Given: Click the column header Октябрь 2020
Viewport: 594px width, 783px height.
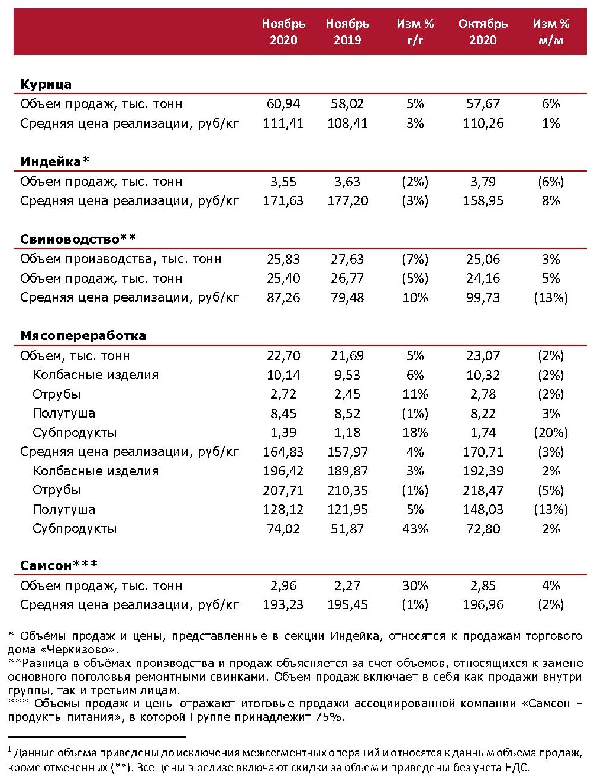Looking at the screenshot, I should coord(483,32).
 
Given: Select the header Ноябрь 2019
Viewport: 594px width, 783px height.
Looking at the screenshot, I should coord(347,32).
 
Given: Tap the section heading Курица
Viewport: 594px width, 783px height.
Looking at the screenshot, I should coord(46,85).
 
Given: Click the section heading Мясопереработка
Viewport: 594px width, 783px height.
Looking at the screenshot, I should coord(83,336).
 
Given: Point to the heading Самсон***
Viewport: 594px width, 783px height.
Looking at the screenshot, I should coord(59,566).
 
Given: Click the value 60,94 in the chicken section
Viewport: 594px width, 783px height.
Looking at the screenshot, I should coord(283,104).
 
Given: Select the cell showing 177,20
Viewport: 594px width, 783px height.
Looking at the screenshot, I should coord(347,201).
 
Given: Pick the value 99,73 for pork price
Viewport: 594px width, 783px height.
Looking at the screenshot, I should coord(483,297).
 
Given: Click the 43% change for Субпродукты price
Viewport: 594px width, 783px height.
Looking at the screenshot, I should coord(415,529).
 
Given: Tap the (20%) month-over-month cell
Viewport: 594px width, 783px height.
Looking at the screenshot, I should coord(550,433).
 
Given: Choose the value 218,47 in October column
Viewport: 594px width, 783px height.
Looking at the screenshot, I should coord(483,490).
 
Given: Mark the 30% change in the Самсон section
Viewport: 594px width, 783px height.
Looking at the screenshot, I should coord(415,586).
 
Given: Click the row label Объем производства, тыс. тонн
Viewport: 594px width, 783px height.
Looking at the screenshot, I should coord(121,259).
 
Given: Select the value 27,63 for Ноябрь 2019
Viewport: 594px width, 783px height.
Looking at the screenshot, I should coord(347,259).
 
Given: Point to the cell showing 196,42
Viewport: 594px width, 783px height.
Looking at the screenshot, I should coord(283,471).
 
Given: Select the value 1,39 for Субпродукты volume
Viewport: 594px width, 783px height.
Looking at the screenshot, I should coord(283,433).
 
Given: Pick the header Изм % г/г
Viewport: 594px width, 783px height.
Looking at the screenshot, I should coord(415,32).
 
